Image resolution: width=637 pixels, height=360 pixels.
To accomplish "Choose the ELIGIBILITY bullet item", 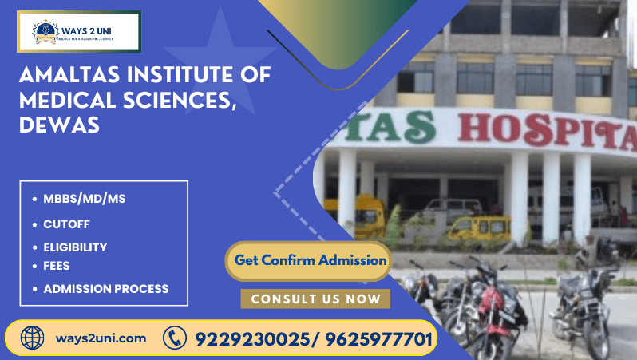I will pos(75,247).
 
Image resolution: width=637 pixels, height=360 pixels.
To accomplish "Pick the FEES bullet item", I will pos(57,265).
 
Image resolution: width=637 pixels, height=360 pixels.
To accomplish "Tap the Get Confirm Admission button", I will pos(311,260).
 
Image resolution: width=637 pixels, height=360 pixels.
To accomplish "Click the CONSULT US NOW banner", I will pos(315,299).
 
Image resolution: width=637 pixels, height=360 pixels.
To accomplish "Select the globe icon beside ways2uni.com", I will pos(33,338).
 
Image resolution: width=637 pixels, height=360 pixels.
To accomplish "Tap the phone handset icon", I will pos(175,338).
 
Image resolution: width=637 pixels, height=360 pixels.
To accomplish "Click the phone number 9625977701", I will pos(378,339).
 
